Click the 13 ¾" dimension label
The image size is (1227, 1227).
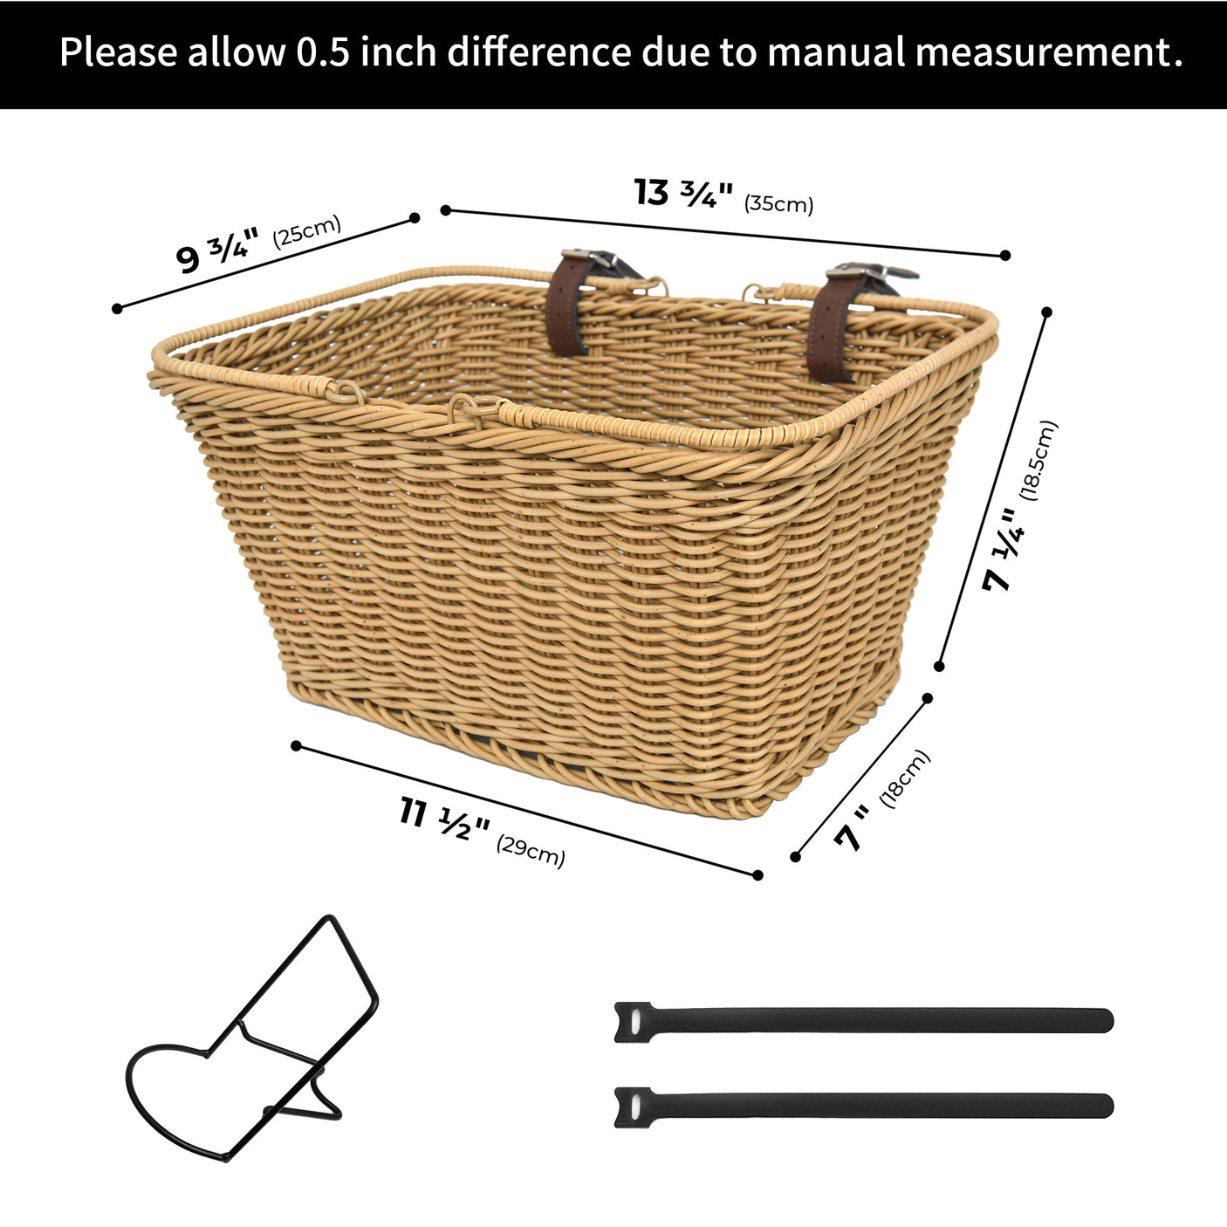pos(682,193)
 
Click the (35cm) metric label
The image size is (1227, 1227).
pos(778,204)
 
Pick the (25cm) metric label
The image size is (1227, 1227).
pos(306,231)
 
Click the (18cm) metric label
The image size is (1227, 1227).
pos(905,778)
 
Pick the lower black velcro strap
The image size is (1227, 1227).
pos(863,1107)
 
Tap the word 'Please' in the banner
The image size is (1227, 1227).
pos(118,52)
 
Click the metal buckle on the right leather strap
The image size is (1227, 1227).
pos(863,271)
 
